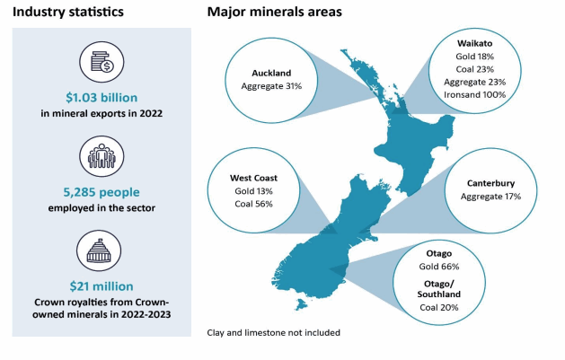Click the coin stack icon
pos(102,62)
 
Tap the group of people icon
pos(102,156)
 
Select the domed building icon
pos(99,250)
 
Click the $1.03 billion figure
pos(102,98)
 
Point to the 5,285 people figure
pos(102,192)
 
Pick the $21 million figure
pos(102,286)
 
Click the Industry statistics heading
pos(68,12)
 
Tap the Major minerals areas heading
pos(275,12)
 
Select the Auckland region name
pos(271,73)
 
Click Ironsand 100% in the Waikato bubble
pos(475,94)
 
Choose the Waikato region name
pos(475,43)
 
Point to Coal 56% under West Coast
pos(253,204)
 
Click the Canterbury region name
pos(490,183)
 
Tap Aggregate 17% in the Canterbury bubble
pos(490,197)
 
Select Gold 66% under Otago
pos(439,267)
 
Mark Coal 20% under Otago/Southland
pos(439,307)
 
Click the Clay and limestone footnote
pos(273,333)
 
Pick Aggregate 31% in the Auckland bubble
pos(271,86)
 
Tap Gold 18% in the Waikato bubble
pos(475,57)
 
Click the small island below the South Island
pos(301,305)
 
